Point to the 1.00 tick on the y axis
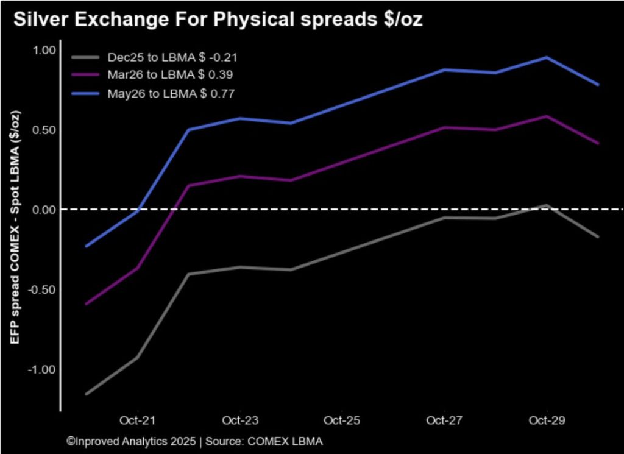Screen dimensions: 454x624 pyautogui.click(x=44, y=50)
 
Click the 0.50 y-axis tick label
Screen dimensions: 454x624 pyautogui.click(x=44, y=130)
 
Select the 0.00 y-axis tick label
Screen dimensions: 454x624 pyautogui.click(x=44, y=210)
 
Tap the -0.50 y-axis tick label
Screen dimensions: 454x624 pyautogui.click(x=42, y=289)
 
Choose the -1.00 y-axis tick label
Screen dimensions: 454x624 pyautogui.click(x=42, y=369)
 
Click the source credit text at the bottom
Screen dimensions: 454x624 pyautogui.click(x=194, y=441)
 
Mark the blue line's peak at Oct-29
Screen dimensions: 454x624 pyautogui.click(x=547, y=57)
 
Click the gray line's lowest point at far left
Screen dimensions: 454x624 pyautogui.click(x=87, y=394)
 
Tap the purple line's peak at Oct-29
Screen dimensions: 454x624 pyautogui.click(x=547, y=116)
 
